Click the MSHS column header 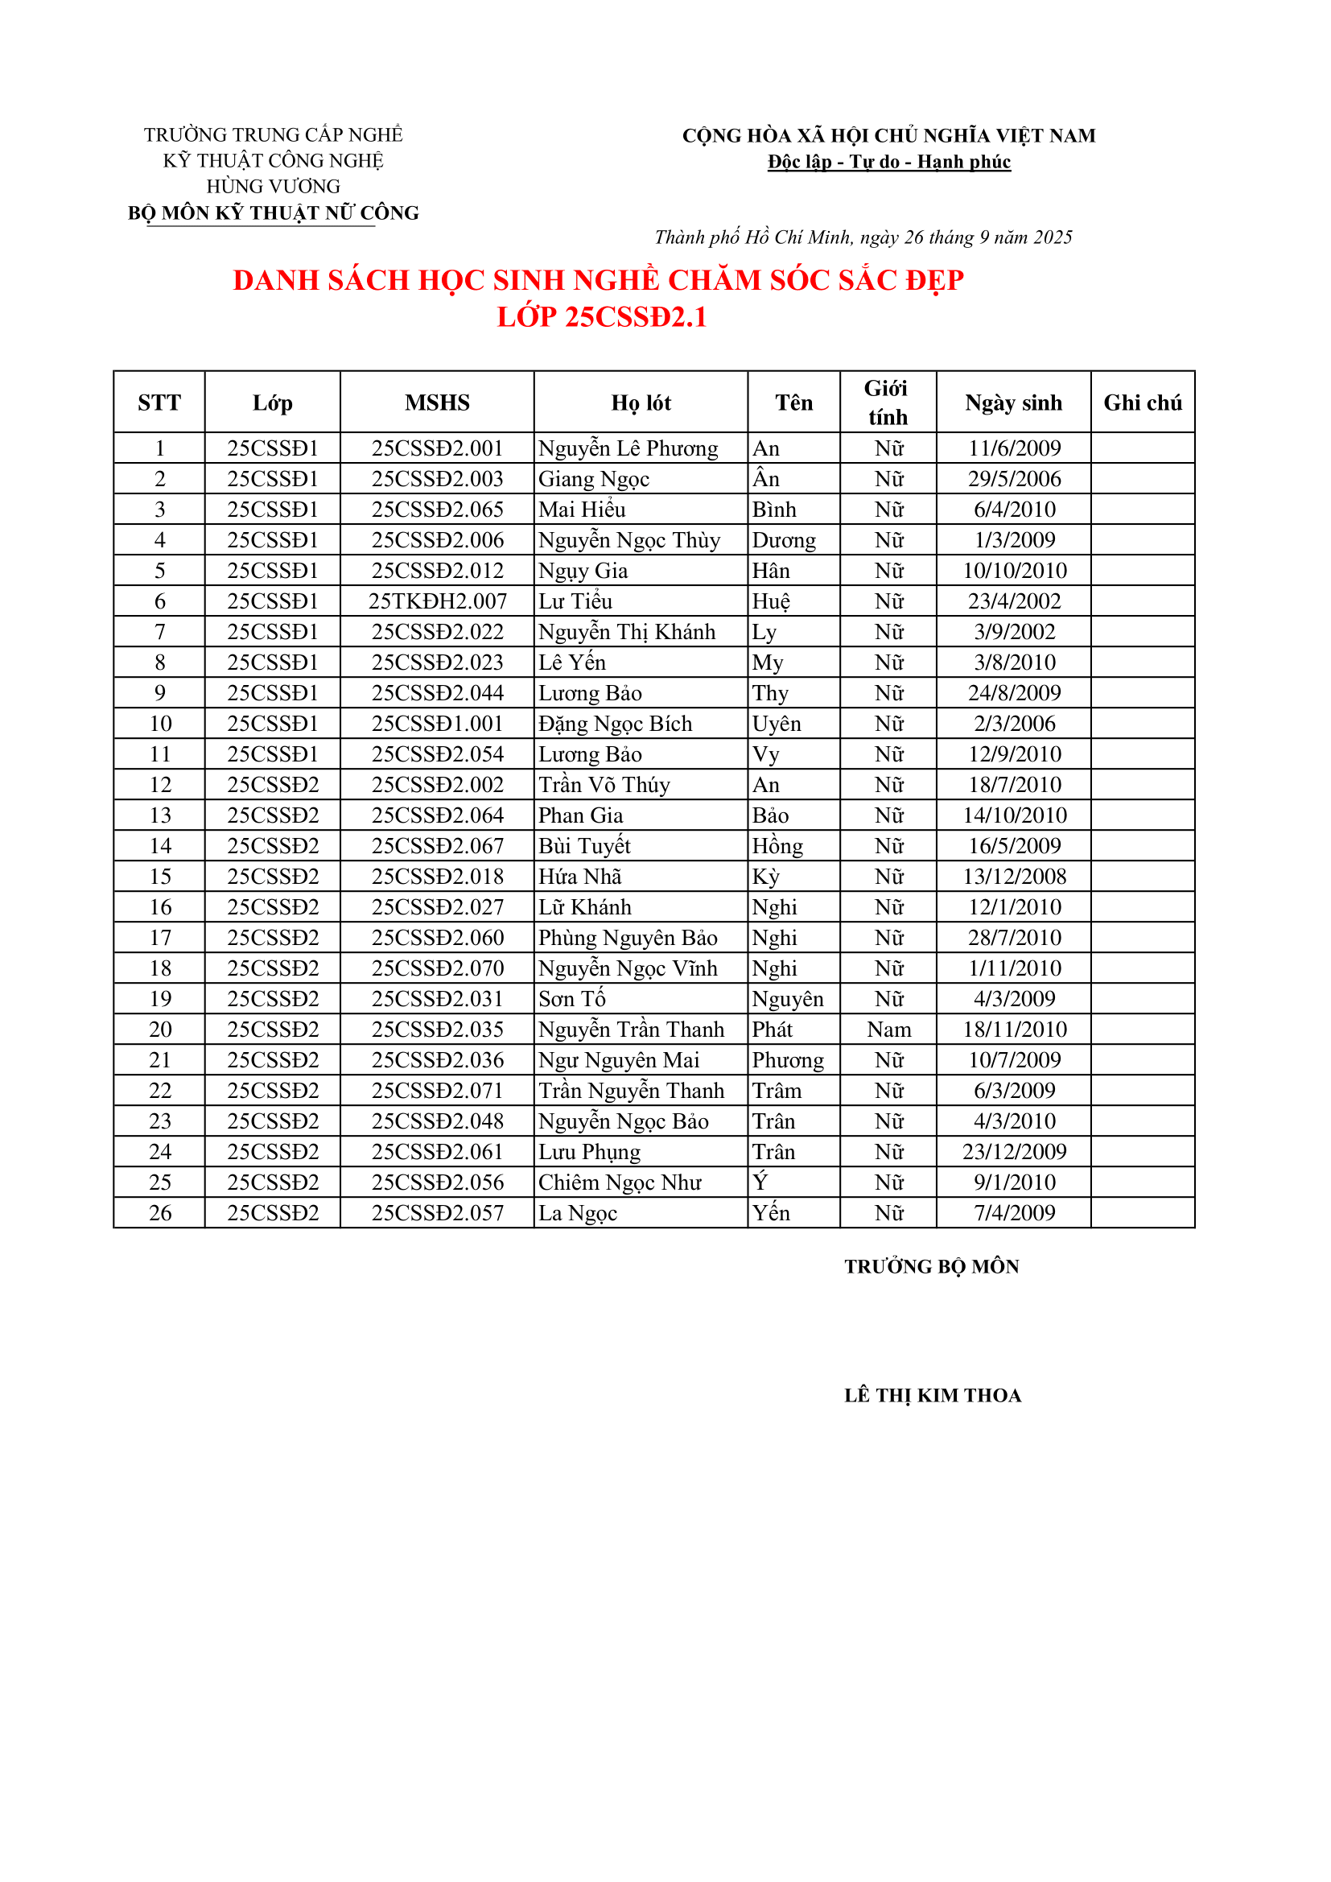coord(437,402)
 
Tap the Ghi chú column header coord(1142,402)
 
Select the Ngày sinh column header coord(1013,402)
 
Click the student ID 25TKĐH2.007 coord(437,601)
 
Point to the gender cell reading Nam coord(888,1030)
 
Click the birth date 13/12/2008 coord(1014,877)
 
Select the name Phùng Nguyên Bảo coord(628,938)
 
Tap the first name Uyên coord(776,724)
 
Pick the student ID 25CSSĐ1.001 coord(437,724)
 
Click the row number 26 coord(160,1213)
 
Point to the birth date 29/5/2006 coord(1014,479)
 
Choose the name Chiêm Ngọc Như coord(620,1182)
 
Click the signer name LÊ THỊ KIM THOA coord(933,1396)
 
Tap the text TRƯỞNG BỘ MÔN coord(932,1266)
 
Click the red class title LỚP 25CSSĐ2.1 coord(602,317)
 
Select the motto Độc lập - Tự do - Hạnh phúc coord(888,162)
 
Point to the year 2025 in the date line coord(1053,237)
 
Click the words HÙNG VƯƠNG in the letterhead coord(273,187)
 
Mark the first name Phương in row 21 coord(788,1061)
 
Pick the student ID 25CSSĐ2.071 coord(437,1091)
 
